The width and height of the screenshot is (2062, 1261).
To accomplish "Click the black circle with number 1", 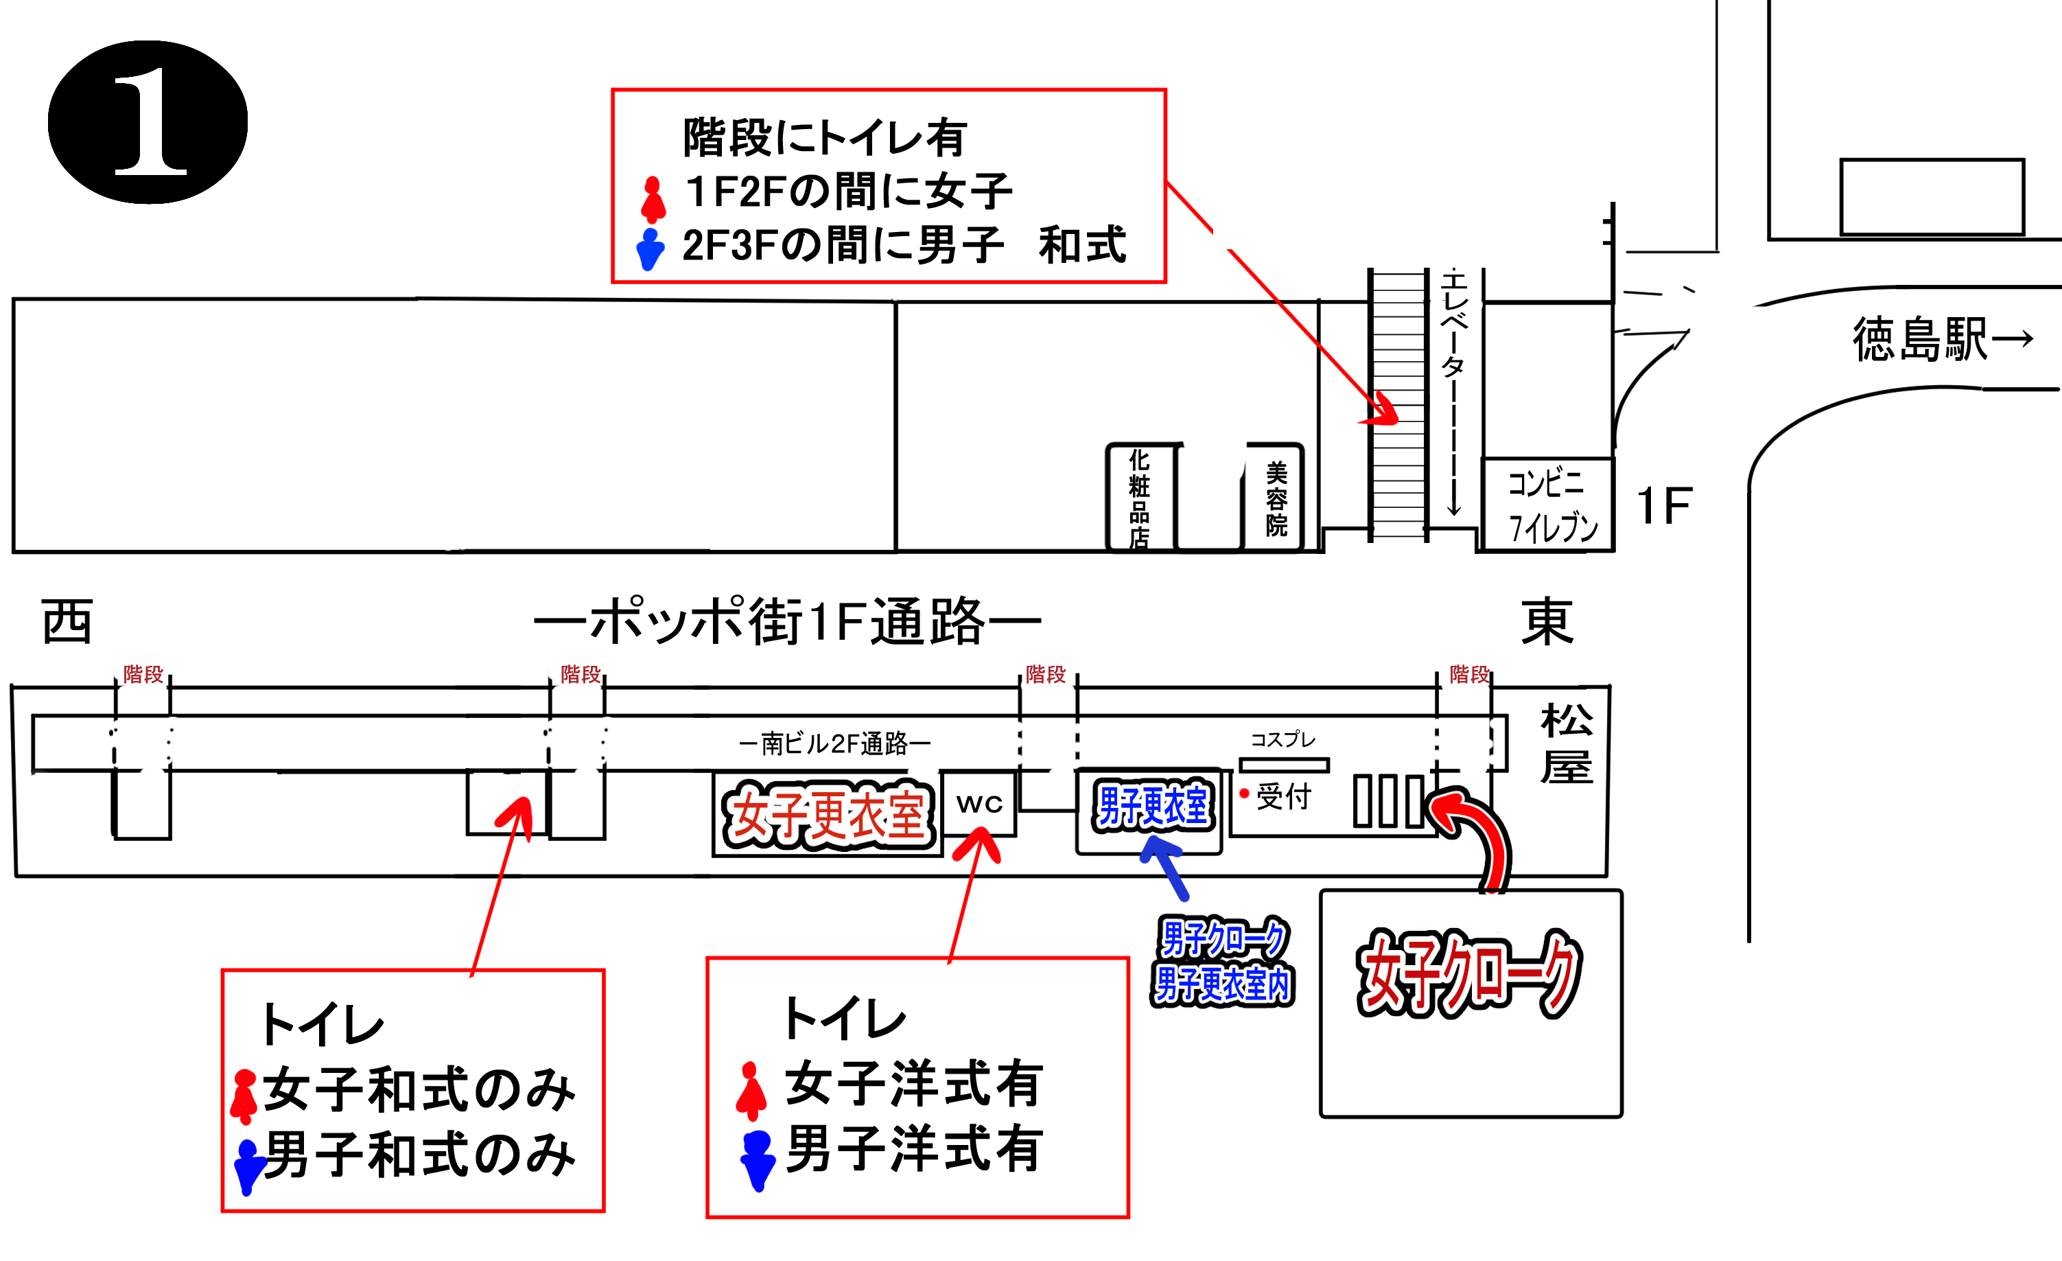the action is (148, 122).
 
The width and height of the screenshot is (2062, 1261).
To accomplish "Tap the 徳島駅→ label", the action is (1941, 339).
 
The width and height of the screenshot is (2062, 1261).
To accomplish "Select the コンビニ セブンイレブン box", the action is (1547, 504).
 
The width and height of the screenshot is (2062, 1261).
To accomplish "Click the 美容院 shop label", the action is (1276, 499).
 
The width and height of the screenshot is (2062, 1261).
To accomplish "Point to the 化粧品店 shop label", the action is (1139, 499).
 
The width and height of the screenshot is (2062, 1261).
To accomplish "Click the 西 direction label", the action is (67, 621).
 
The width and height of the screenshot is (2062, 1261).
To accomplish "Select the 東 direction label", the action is (1547, 621).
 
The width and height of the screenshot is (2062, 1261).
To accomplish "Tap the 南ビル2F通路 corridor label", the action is (834, 743).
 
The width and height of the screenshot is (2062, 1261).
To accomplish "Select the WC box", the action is (979, 804).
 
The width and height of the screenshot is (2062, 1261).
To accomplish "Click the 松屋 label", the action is (1567, 743).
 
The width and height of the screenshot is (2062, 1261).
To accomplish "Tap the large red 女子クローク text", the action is (1468, 973).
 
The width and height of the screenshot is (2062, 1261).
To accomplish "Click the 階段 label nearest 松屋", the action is (1470, 674).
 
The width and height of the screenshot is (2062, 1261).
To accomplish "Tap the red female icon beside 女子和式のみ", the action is (244, 1097).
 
